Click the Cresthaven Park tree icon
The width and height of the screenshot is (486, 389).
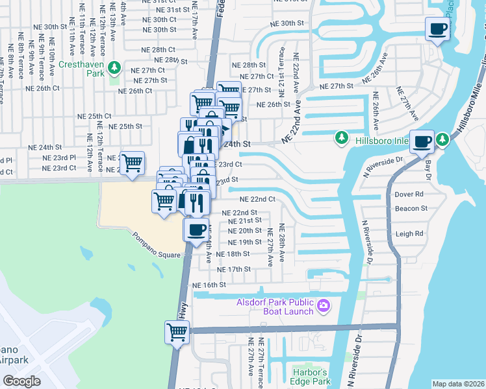coord(114,67)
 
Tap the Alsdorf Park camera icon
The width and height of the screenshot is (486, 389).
coord(323,305)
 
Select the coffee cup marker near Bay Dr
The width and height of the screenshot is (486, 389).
coord(422,141)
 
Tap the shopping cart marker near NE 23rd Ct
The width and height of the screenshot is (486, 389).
coord(133,163)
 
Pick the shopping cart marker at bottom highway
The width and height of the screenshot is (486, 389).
coord(177,333)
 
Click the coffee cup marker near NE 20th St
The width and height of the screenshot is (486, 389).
coord(196,230)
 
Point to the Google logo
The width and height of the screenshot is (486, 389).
coord(21,381)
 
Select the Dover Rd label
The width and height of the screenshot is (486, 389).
coord(409,194)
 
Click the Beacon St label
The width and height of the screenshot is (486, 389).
coord(411,209)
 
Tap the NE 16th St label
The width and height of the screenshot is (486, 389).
coord(209,285)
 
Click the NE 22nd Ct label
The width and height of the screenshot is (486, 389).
coord(258,200)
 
